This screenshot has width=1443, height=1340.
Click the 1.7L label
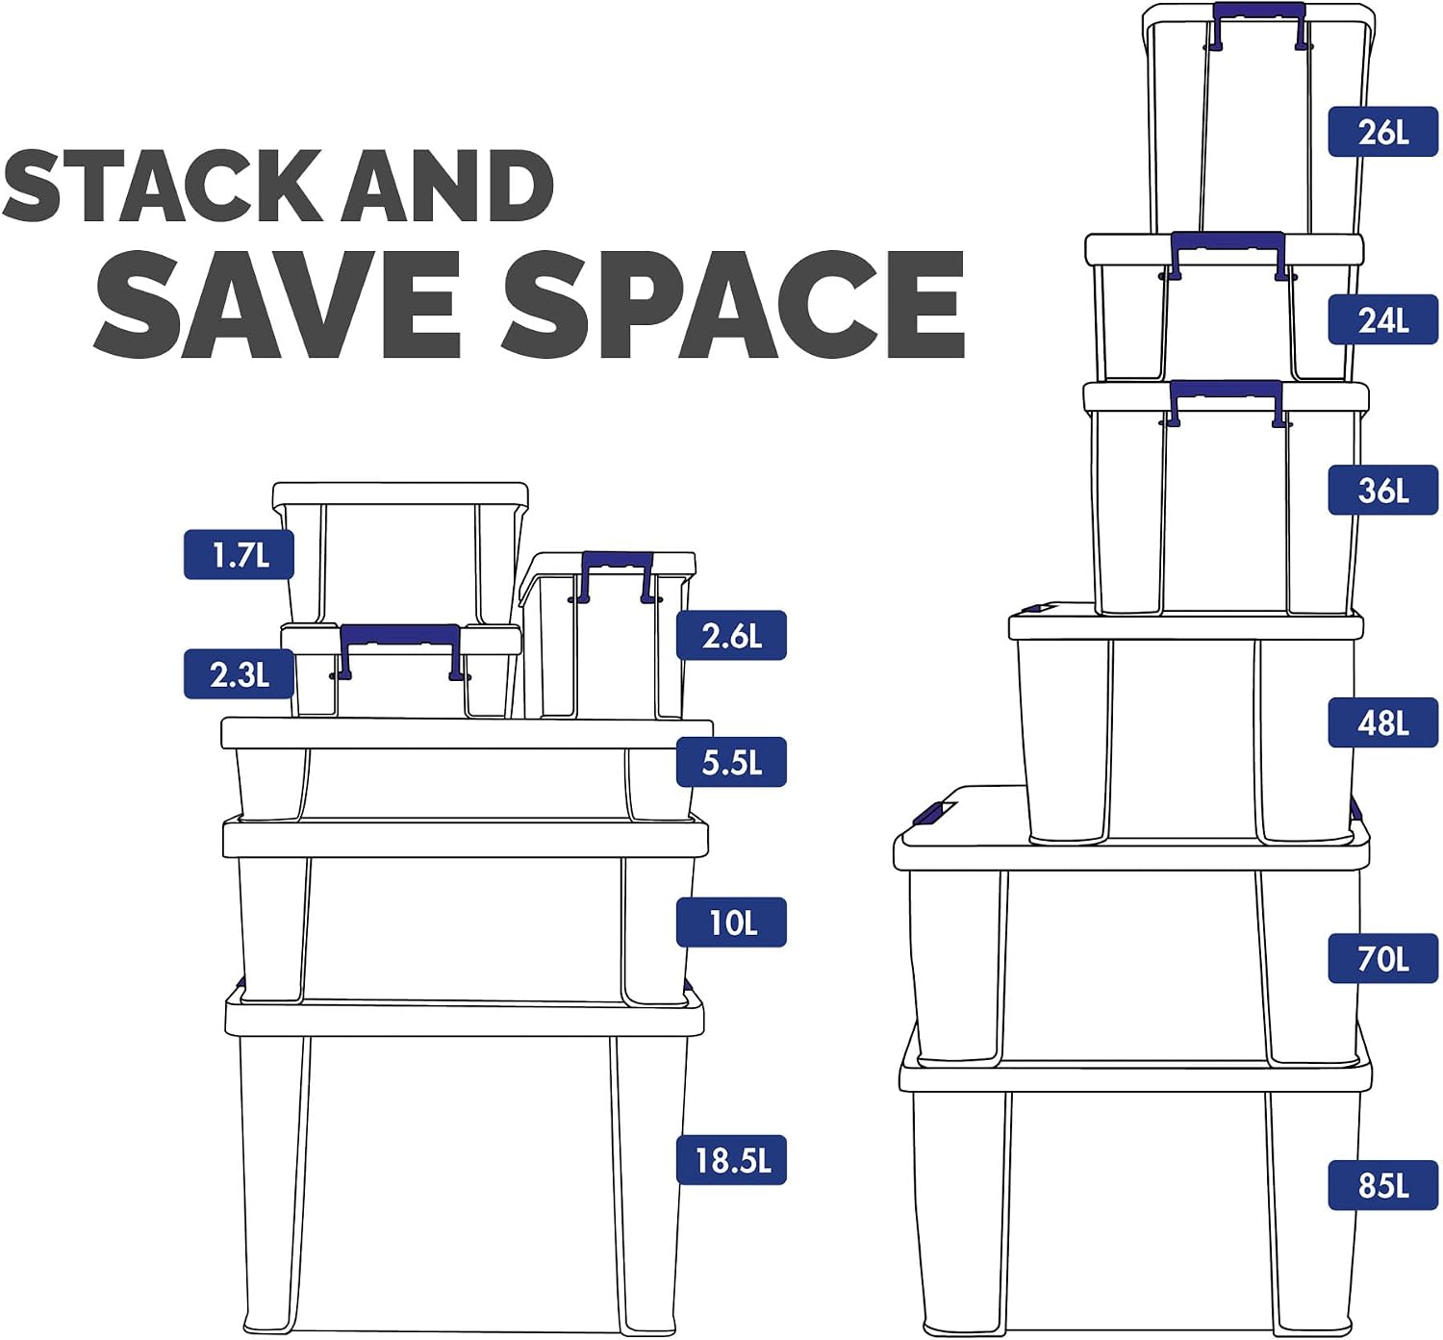(239, 554)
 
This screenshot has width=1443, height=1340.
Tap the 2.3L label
(239, 673)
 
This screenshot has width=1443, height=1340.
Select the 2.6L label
(731, 635)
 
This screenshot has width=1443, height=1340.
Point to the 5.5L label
(731, 762)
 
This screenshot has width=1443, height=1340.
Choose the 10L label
(731, 923)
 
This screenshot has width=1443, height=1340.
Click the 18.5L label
(731, 1160)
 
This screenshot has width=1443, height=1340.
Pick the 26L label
(1382, 132)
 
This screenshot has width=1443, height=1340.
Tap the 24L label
(1382, 319)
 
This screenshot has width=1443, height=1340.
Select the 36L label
(1382, 490)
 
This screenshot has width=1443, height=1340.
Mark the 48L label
(1382, 722)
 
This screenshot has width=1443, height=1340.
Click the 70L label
(1382, 958)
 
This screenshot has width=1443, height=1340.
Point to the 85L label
(1382, 1185)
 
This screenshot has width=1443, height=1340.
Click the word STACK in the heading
(163, 186)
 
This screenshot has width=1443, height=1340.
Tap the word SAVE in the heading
(278, 304)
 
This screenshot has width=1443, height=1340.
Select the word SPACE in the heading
(734, 304)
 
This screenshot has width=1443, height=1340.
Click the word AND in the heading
(448, 186)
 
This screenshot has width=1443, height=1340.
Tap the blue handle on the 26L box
(1257, 11)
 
